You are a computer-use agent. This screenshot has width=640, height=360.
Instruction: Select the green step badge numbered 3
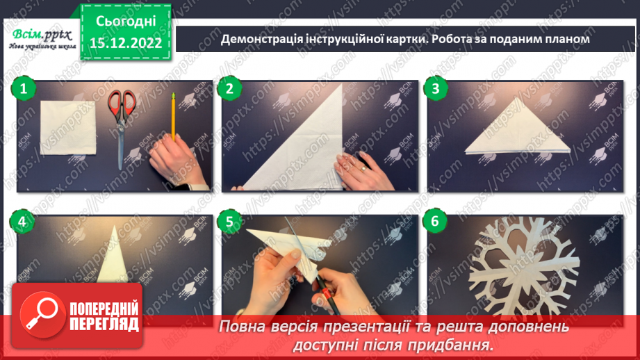tap(436, 88)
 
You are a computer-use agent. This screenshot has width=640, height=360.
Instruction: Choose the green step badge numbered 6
tap(436, 222)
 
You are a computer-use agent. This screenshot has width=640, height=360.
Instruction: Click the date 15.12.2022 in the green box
tap(126, 42)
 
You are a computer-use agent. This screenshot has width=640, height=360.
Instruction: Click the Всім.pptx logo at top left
tap(40, 36)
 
